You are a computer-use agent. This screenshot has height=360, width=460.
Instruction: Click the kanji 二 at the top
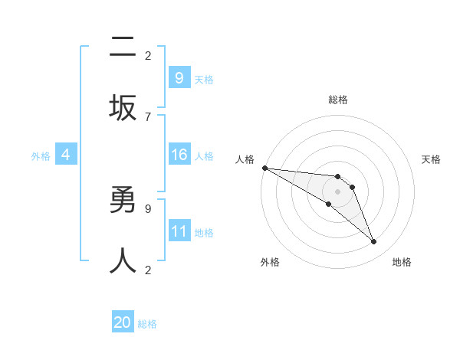pos(123,47)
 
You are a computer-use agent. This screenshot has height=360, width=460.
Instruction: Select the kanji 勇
pos(123,201)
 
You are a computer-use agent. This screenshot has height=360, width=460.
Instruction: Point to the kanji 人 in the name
pos(123,260)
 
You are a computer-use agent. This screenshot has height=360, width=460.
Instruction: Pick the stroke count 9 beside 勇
pos(148,208)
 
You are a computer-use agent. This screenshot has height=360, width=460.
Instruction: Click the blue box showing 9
pos(179,78)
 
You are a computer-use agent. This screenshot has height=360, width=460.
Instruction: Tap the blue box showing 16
pos(179,155)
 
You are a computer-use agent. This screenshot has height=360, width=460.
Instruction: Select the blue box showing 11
pos(179,231)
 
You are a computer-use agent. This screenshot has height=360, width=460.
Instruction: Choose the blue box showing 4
pos(66,155)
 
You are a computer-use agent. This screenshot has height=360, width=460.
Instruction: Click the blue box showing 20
pos(123,322)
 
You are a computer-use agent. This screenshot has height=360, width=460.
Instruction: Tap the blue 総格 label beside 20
pos(147,324)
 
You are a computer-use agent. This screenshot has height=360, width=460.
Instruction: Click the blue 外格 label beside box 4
pos(41,156)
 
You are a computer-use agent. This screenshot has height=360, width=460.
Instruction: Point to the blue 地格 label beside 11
pos(204,233)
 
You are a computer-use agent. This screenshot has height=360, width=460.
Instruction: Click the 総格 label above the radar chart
pos(338,100)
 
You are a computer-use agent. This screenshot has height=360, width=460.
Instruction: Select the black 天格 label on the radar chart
pos(431,159)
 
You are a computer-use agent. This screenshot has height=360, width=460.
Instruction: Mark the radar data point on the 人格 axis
pos(264,168)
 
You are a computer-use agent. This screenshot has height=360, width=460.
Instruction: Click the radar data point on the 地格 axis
pos(374,242)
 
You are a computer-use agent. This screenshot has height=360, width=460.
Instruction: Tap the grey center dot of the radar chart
pos(338,191)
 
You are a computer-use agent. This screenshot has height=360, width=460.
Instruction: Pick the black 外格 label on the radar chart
pos(270,262)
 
